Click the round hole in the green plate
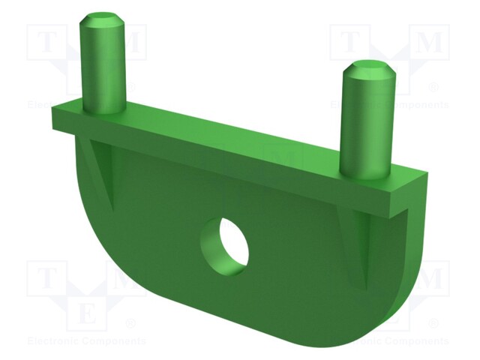tap(223, 244)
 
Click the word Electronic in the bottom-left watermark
tap(52, 341)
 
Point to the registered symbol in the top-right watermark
tap(433, 87)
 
